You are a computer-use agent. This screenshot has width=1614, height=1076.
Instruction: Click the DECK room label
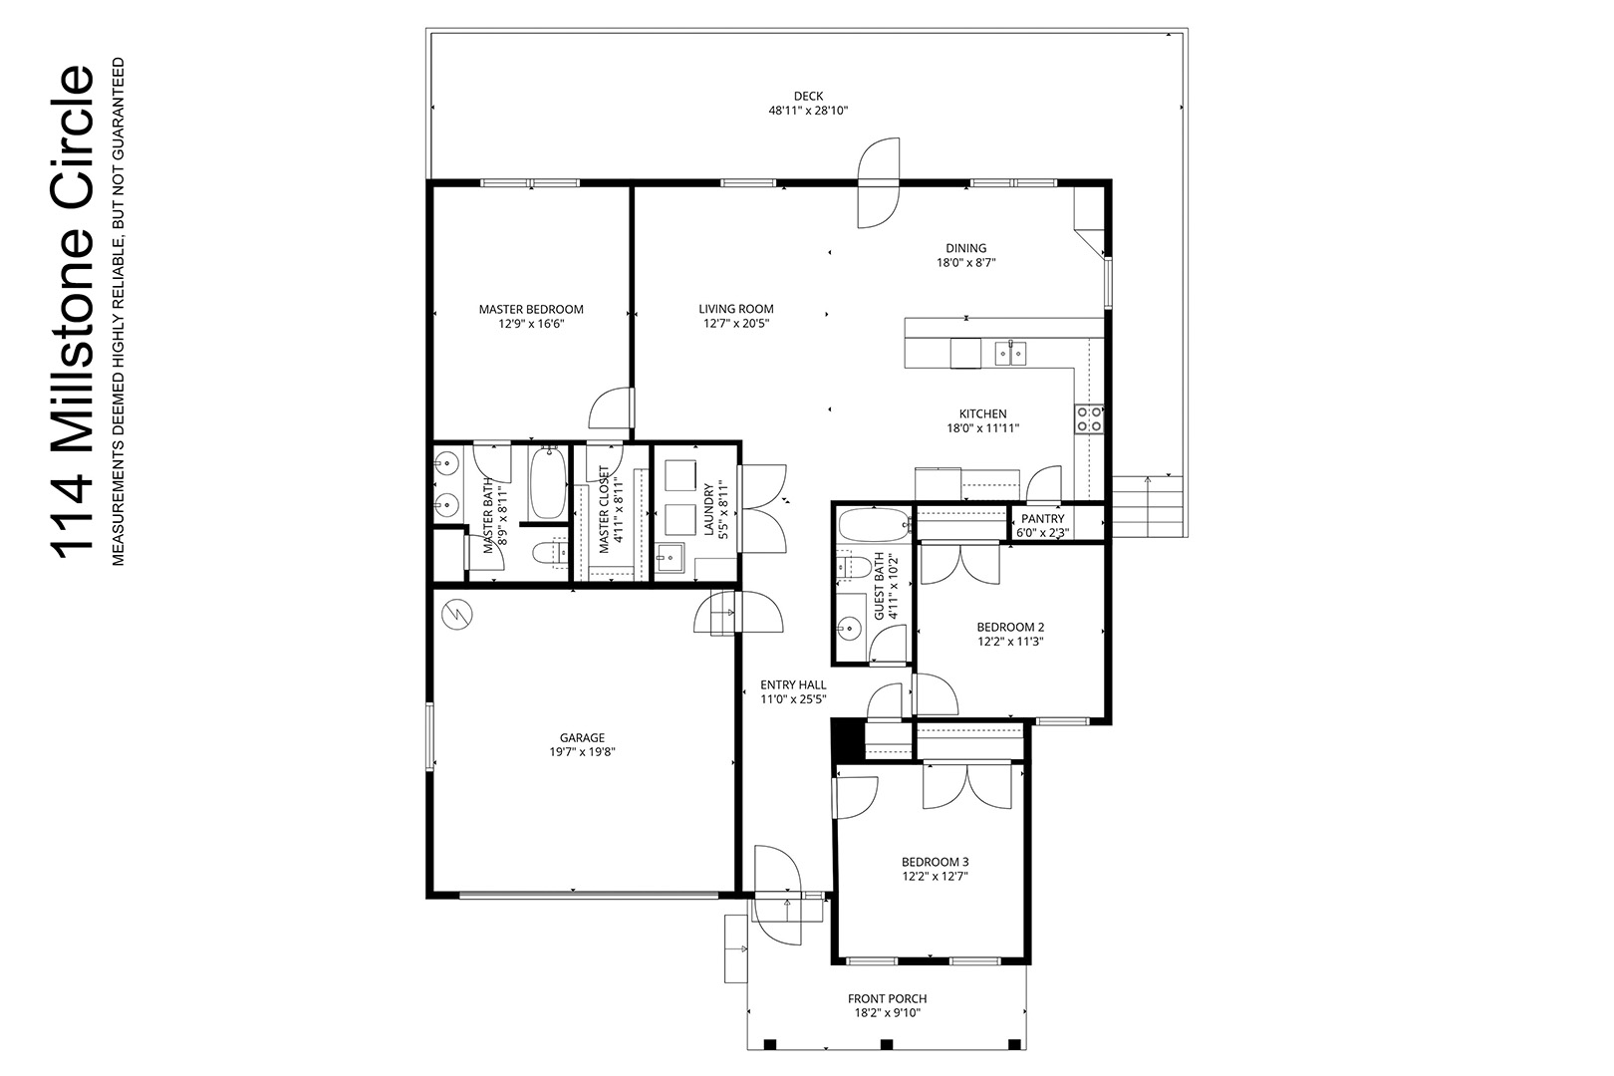pyautogui.click(x=808, y=96)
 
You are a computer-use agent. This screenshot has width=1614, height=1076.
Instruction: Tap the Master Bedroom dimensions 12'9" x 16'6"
pyautogui.click(x=531, y=325)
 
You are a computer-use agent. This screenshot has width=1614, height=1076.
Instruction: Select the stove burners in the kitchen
pyautogui.click(x=1089, y=418)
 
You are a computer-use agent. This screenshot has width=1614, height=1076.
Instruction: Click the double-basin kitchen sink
pyautogui.click(x=1011, y=353)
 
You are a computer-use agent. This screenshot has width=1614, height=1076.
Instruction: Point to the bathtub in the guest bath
pyautogui.click(x=874, y=525)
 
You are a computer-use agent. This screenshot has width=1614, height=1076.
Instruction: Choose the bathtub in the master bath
pyautogui.click(x=548, y=481)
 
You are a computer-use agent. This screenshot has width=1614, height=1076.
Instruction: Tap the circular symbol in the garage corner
pyautogui.click(x=457, y=614)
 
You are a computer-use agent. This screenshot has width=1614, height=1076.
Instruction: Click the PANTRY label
pyautogui.click(x=1042, y=519)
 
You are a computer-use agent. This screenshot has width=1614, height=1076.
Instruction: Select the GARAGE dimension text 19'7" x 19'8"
pyautogui.click(x=582, y=752)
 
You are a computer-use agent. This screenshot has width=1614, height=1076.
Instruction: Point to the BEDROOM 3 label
pyautogui.click(x=936, y=862)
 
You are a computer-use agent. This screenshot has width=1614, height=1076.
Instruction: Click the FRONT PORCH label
pyautogui.click(x=887, y=999)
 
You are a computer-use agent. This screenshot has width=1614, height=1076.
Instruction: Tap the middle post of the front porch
pyautogui.click(x=887, y=1044)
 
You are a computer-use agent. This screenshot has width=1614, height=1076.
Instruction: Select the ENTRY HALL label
pyautogui.click(x=793, y=685)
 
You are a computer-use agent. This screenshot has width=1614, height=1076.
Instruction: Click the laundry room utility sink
pyautogui.click(x=671, y=558)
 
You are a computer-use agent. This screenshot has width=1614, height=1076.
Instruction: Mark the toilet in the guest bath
pyautogui.click(x=854, y=567)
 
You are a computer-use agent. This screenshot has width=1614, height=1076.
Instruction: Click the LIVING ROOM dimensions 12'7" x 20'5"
pyautogui.click(x=736, y=324)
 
